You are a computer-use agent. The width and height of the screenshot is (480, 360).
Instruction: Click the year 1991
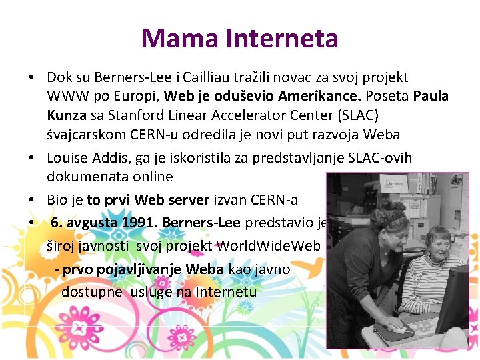[x=139, y=223]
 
